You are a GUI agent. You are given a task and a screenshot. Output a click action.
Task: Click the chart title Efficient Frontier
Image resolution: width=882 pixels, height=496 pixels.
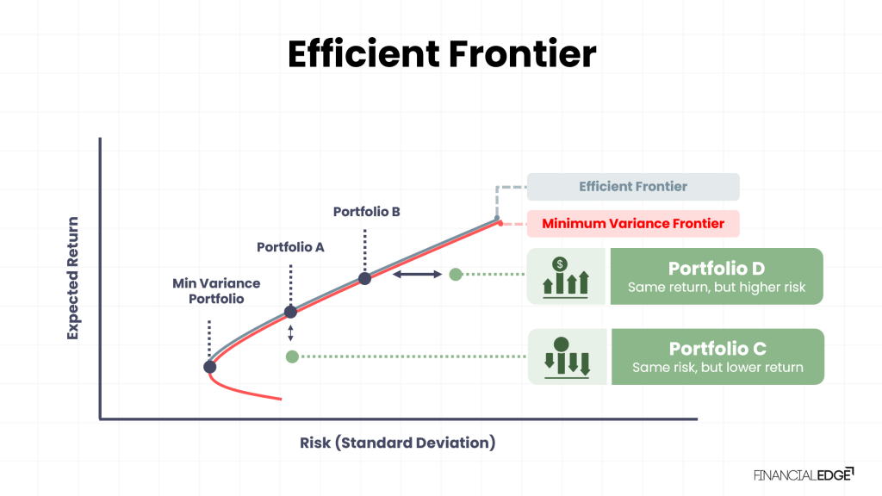(x=441, y=55)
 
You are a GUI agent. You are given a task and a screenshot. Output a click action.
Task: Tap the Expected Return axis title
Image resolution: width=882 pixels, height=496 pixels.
(x=73, y=277)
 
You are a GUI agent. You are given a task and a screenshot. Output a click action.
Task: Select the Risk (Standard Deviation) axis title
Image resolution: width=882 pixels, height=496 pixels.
(x=398, y=443)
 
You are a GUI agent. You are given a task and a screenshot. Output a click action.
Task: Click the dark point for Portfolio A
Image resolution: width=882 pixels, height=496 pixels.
(x=290, y=312)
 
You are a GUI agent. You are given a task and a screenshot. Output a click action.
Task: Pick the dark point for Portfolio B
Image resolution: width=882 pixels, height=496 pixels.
(x=364, y=278)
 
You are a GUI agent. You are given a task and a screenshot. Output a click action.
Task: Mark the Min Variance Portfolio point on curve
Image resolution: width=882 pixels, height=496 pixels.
(x=209, y=367)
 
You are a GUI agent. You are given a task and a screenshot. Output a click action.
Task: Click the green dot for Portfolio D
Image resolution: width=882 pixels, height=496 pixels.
(x=456, y=275)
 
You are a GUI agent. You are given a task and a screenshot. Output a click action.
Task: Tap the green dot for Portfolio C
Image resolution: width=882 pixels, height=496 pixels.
(x=292, y=356)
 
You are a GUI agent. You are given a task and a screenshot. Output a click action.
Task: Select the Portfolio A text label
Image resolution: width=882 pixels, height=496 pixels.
(x=290, y=247)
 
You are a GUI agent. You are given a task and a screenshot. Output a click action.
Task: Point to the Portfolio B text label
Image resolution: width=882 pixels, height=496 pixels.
(x=366, y=212)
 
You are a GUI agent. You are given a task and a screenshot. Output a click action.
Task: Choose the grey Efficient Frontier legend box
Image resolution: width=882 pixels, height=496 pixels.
(x=633, y=187)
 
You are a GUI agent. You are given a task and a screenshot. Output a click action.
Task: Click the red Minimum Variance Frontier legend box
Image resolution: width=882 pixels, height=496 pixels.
(x=633, y=224)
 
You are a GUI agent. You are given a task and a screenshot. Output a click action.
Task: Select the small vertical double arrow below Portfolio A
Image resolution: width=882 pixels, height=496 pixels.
(x=290, y=334)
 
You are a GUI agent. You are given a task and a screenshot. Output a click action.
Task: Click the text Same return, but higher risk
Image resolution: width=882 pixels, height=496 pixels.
(x=717, y=288)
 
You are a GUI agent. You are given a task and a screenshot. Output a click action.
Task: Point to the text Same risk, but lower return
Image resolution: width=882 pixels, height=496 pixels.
(x=717, y=368)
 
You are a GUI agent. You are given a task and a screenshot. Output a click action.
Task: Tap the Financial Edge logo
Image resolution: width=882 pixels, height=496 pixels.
(x=803, y=474)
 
